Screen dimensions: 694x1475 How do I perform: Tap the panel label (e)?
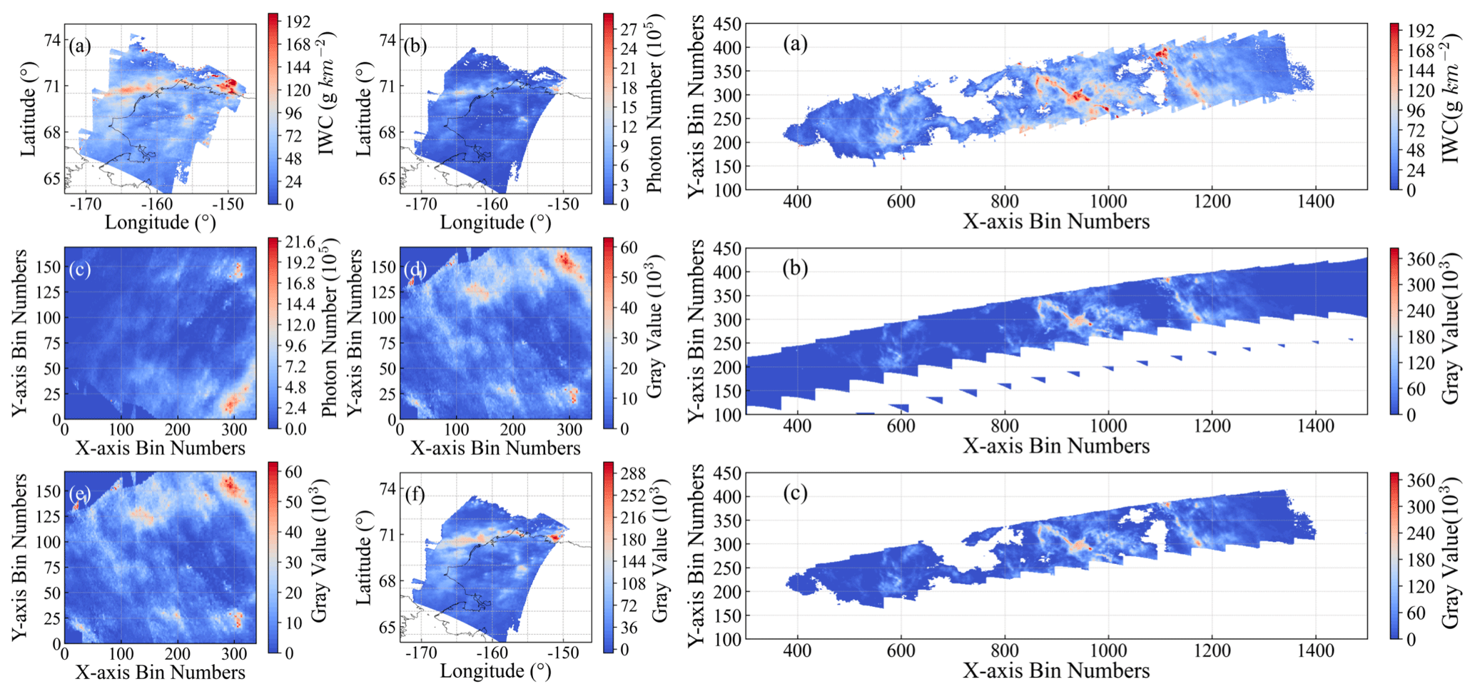80,493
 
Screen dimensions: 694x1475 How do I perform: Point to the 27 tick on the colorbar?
628,29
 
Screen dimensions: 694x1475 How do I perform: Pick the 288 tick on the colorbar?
632,473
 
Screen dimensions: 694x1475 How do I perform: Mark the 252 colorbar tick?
632,496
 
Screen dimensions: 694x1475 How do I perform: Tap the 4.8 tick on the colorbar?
296,388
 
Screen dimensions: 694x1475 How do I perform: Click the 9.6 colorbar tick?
296,346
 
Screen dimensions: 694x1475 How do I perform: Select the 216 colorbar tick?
632,518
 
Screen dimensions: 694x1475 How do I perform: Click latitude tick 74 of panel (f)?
387,489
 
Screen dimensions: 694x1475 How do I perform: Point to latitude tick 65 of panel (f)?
387,628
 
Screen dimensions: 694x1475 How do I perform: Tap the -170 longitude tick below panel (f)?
420,653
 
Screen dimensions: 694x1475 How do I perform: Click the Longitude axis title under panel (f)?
495,671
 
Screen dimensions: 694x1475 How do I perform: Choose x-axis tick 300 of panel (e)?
233,653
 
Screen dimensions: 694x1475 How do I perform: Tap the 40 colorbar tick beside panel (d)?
628,308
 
